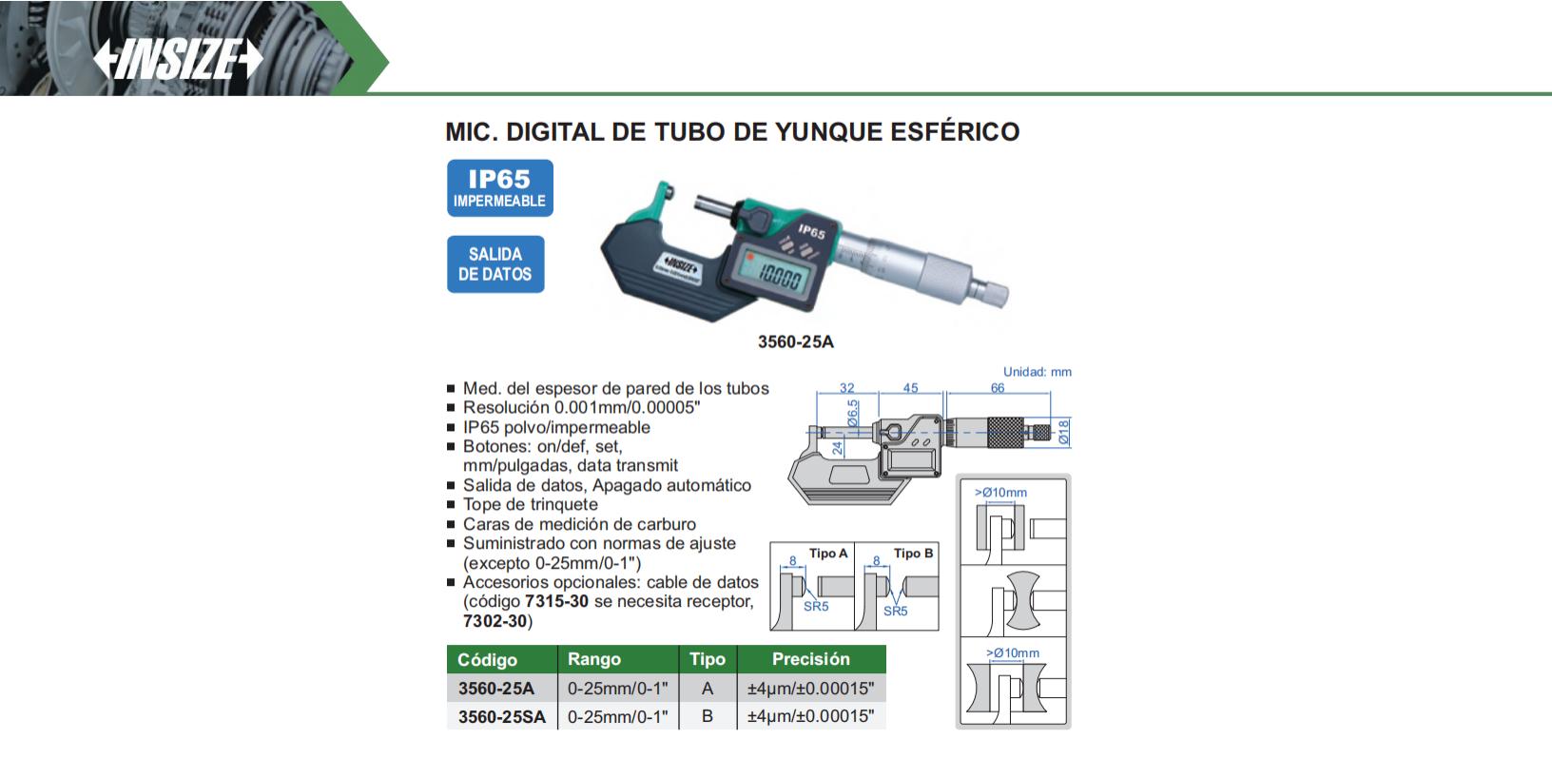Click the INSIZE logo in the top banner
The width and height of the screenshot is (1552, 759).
pyautogui.click(x=178, y=59)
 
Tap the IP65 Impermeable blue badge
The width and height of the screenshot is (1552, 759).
pyautogui.click(x=499, y=187)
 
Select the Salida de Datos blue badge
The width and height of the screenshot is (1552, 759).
pyautogui.click(x=495, y=264)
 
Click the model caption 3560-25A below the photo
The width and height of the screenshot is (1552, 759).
pyautogui.click(x=795, y=341)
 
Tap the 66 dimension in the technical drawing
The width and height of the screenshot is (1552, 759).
pyautogui.click(x=997, y=387)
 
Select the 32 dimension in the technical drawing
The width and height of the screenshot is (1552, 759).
pyautogui.click(x=846, y=387)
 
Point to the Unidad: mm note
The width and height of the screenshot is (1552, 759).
pyautogui.click(x=1038, y=372)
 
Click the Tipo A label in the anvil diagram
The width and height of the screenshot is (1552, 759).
pyautogui.click(x=828, y=554)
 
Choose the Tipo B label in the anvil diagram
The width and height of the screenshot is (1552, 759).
pyautogui.click(x=913, y=554)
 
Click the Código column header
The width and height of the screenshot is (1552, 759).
pyautogui.click(x=487, y=659)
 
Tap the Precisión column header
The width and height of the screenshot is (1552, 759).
pyautogui.click(x=810, y=658)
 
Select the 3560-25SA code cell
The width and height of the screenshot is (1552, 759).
pyautogui.click(x=501, y=716)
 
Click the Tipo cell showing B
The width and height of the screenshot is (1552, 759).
pyautogui.click(x=708, y=716)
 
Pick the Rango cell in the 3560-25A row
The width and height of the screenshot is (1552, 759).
pyautogui.click(x=617, y=689)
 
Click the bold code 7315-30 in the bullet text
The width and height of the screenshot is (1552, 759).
pyautogui.click(x=556, y=601)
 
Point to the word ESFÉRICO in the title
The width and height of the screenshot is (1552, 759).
pyautogui.click(x=955, y=131)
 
